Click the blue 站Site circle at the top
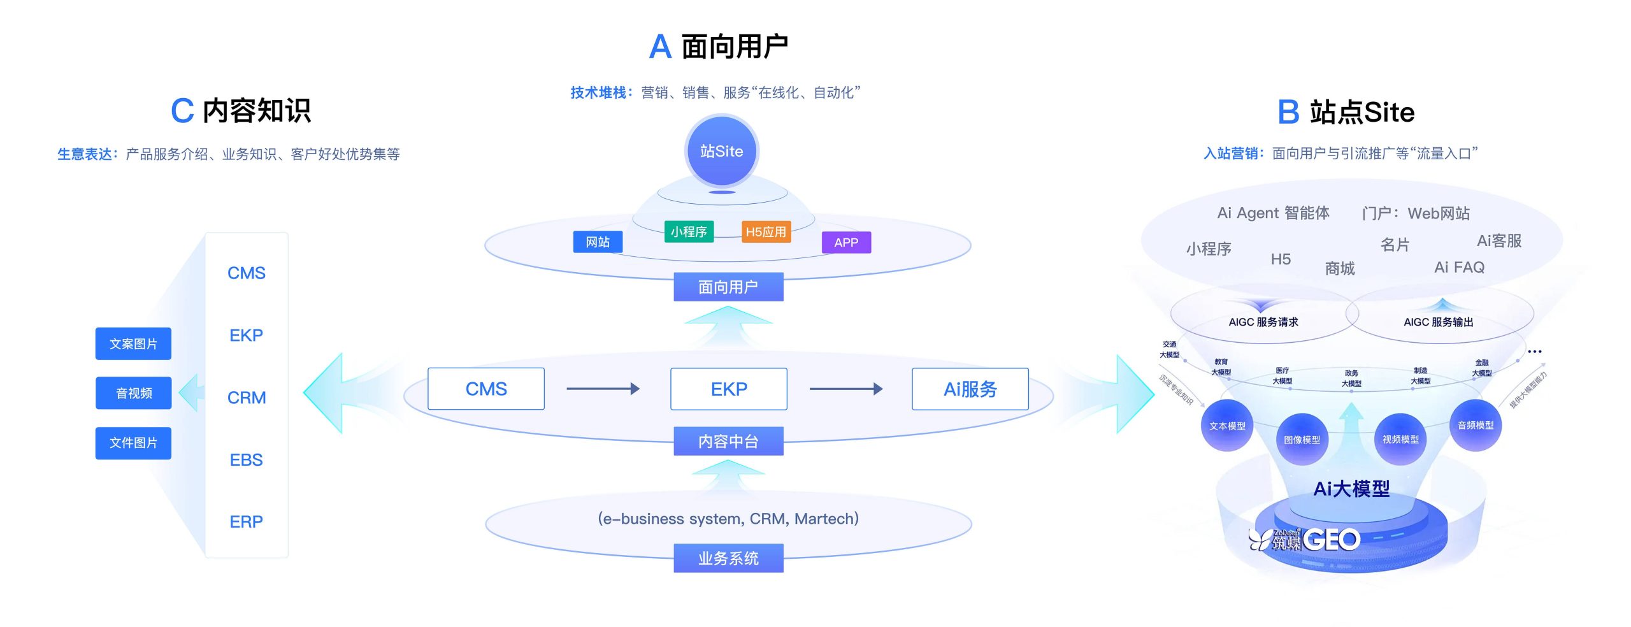click(721, 151)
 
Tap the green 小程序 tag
click(688, 231)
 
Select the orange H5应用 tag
click(766, 232)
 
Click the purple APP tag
click(846, 242)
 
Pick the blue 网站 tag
click(597, 242)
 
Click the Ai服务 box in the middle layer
click(970, 389)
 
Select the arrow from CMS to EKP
click(602, 389)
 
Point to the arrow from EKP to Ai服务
click(845, 389)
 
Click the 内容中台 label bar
click(728, 441)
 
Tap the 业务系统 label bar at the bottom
click(728, 558)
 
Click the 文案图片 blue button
click(133, 343)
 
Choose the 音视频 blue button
click(133, 393)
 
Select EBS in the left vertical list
click(246, 459)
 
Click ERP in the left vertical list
click(246, 522)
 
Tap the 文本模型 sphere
click(1226, 426)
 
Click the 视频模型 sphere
click(1400, 439)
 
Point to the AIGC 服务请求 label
click(1263, 322)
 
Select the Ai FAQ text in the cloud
click(1459, 267)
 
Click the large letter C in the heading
click(182, 111)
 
